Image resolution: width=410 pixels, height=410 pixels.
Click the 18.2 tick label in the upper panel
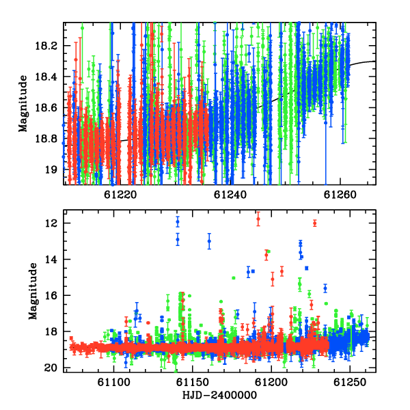click(x=45, y=46)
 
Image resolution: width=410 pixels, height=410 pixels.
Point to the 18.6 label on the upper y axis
click(x=45, y=108)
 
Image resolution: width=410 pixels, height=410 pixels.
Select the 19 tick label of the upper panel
click(x=51, y=169)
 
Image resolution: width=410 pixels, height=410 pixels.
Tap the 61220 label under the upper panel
click(x=120, y=195)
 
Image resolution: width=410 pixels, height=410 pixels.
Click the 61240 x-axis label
click(x=230, y=195)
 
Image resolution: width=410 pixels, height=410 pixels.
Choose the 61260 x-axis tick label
click(x=340, y=195)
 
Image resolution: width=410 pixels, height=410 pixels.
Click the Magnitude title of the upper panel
click(x=23, y=104)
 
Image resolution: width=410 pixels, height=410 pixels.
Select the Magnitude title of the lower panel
click(x=33, y=291)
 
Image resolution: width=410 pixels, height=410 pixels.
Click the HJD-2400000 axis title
click(x=219, y=395)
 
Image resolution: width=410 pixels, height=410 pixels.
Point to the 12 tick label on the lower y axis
click(x=51, y=223)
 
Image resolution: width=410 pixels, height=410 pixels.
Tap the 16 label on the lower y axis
click(x=51, y=295)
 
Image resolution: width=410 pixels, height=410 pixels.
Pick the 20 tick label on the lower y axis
click(x=51, y=368)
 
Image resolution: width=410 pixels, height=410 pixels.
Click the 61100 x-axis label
click(x=113, y=382)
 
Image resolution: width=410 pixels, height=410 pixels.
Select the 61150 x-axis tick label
click(x=193, y=382)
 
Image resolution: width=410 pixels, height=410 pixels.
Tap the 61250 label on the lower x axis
click(x=350, y=382)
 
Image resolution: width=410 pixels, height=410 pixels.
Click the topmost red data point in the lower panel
click(x=258, y=219)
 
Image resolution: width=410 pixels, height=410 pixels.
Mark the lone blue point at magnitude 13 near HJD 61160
click(x=209, y=241)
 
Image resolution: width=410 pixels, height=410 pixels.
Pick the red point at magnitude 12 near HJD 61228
click(x=315, y=223)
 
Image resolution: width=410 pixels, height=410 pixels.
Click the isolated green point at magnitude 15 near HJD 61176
click(x=234, y=278)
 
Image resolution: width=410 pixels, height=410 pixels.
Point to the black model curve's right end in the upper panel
click(x=375, y=61)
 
